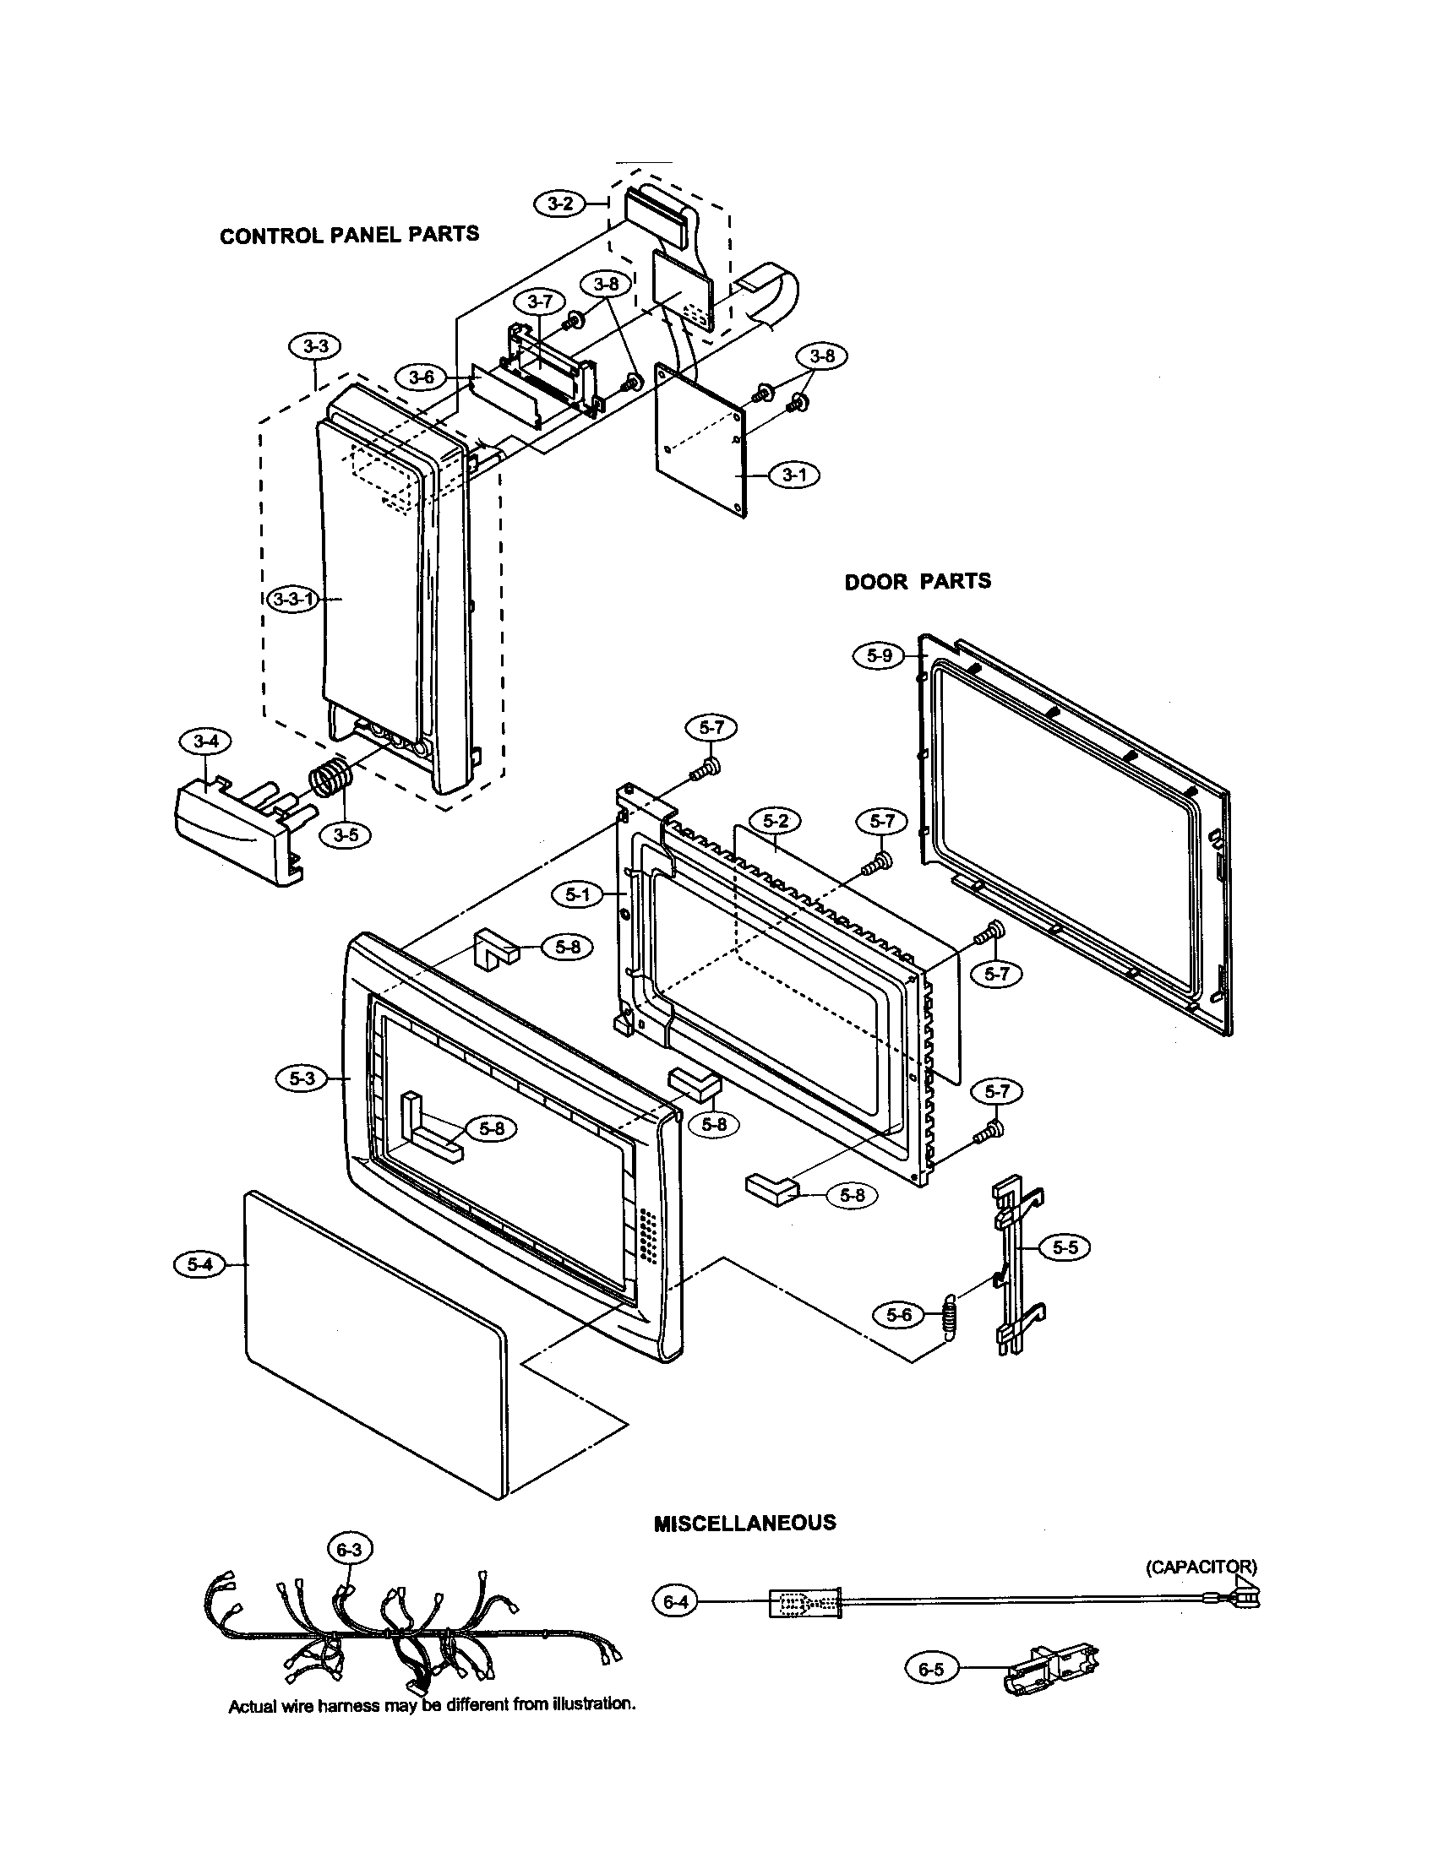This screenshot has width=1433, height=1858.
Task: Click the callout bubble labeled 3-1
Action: (x=794, y=475)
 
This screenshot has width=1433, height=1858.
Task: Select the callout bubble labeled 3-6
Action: (x=422, y=378)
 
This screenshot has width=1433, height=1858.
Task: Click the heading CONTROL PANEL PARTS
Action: (x=349, y=235)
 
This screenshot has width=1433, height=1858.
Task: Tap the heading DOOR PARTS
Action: (x=918, y=582)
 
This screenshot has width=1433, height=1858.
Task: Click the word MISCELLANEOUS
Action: (x=744, y=1523)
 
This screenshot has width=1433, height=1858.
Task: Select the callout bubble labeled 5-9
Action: (x=879, y=656)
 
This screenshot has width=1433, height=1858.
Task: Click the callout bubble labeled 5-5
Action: (x=1065, y=1247)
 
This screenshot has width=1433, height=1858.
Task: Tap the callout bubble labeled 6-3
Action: (x=349, y=1550)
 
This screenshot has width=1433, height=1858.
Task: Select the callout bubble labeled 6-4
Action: (x=675, y=1602)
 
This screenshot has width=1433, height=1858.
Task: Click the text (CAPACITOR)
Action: (x=1200, y=1566)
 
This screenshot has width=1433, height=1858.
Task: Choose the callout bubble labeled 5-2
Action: (x=775, y=822)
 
